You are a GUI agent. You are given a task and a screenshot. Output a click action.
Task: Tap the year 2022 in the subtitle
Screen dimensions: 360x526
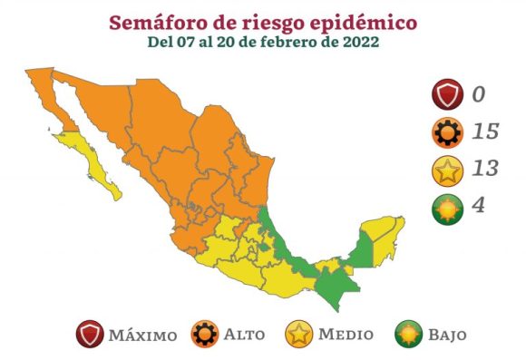point(357,42)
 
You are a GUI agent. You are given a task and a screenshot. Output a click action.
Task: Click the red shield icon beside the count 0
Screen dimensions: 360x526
point(446,94)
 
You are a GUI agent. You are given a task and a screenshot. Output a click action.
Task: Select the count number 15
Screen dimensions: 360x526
point(485,131)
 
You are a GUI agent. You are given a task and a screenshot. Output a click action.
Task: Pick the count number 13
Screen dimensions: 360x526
point(485,169)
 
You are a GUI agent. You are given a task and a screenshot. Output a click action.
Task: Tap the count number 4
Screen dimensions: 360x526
point(478,205)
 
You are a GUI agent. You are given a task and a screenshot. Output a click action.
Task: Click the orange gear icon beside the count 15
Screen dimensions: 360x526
point(446,131)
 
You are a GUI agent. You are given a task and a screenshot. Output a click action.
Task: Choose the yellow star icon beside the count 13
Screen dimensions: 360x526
point(446,169)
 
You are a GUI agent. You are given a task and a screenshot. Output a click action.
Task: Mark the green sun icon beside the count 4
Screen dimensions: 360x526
point(446,206)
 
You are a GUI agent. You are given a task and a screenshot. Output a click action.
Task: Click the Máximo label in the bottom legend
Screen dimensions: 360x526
point(142,336)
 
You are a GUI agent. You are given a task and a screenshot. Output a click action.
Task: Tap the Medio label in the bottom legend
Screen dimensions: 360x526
point(345,336)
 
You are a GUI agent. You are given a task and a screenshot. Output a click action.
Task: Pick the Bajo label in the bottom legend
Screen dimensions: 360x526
point(447,336)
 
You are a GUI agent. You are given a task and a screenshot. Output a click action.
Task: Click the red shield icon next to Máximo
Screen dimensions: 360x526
point(90,335)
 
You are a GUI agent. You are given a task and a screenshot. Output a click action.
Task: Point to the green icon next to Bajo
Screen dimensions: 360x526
point(410,335)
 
